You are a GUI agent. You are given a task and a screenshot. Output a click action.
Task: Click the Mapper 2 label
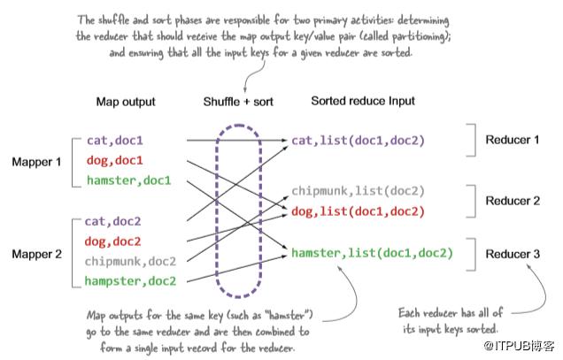click(36, 255)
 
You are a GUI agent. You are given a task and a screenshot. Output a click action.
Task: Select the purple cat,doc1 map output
click(115, 140)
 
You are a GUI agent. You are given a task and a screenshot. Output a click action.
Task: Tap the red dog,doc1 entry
click(115, 161)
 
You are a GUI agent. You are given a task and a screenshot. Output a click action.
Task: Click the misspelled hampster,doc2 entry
click(131, 282)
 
